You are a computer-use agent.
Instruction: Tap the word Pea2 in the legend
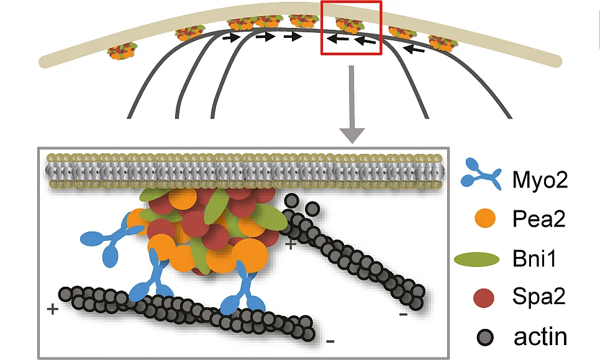[539, 219]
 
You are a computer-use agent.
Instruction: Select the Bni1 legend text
[534, 259]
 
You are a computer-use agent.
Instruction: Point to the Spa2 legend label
[539, 297]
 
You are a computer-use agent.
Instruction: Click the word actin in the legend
[540, 337]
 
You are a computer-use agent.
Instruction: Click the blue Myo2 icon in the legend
[481, 174]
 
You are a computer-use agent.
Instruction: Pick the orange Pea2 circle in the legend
[485, 218]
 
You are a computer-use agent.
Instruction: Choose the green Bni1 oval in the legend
[477, 259]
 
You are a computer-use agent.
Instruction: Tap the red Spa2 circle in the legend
[484, 298]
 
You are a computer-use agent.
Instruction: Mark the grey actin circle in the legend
[485, 338]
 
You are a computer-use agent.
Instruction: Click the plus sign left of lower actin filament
[52, 308]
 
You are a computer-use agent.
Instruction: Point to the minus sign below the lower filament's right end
[330, 341]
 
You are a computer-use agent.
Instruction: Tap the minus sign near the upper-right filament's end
[403, 315]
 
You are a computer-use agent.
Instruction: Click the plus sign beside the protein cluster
[291, 244]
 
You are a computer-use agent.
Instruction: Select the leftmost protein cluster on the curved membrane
[122, 52]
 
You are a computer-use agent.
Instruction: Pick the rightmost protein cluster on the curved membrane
[443, 42]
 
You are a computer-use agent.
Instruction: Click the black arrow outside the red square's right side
[414, 48]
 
